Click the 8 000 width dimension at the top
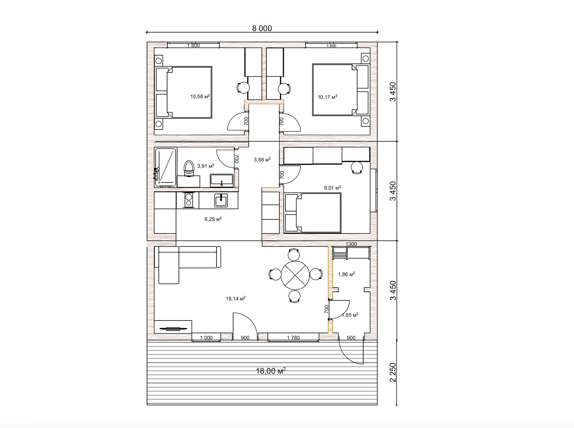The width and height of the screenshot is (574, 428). (262, 28)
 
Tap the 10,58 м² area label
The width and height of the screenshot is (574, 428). (200, 96)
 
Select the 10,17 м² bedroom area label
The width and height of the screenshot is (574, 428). (327, 97)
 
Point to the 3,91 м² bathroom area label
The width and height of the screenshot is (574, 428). (206, 166)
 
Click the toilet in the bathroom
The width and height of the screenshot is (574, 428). (189, 168)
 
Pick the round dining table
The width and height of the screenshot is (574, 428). (295, 275)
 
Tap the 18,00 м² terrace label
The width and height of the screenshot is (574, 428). (270, 371)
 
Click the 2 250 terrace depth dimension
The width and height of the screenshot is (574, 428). (393, 372)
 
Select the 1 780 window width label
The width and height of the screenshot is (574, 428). (293, 338)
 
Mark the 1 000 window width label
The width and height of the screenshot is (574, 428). (206, 338)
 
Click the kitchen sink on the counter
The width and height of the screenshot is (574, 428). (221, 200)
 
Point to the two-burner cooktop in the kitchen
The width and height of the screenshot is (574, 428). (188, 200)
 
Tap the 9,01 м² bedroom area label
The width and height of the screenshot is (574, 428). (332, 188)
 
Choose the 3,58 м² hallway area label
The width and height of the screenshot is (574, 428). (262, 159)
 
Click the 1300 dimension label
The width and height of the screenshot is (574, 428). (351, 244)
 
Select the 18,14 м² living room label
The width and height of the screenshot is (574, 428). (236, 299)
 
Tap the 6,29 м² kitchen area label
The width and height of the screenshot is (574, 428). (213, 219)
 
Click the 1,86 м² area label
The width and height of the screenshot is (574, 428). (346, 274)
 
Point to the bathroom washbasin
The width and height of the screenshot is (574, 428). (222, 181)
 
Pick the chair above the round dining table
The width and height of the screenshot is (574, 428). (294, 254)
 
